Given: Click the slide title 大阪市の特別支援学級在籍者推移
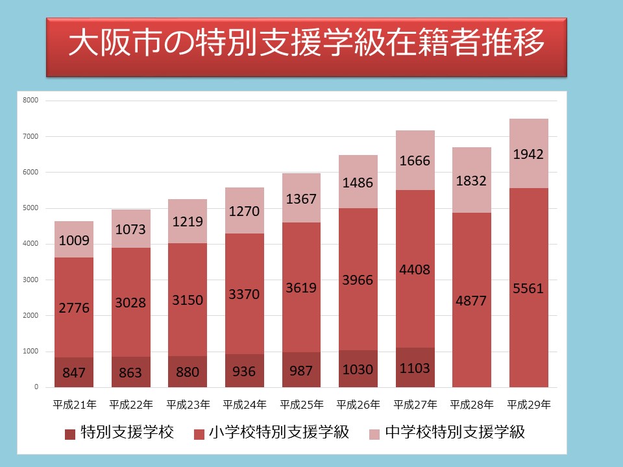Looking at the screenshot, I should click(306, 45).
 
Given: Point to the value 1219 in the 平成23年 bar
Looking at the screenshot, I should click(188, 221).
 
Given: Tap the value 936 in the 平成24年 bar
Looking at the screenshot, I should click(245, 372).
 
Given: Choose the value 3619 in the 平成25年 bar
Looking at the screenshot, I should click(301, 287).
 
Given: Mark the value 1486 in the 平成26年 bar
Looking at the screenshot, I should click(358, 183).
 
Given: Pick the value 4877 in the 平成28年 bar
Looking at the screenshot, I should click(472, 301).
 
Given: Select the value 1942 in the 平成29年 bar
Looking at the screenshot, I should click(528, 154).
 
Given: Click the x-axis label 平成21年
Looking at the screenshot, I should click(75, 405).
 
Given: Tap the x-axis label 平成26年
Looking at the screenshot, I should click(358, 405).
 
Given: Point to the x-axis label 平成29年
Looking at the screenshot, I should click(528, 405).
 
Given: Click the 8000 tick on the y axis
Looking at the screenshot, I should click(31, 101).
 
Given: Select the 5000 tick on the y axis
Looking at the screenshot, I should click(31, 208).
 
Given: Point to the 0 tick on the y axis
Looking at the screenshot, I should click(36, 387).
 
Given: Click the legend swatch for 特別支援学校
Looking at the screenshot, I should click(70, 433).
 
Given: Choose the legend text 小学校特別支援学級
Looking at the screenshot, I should click(279, 433).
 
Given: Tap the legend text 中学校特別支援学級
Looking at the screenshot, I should click(454, 433).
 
